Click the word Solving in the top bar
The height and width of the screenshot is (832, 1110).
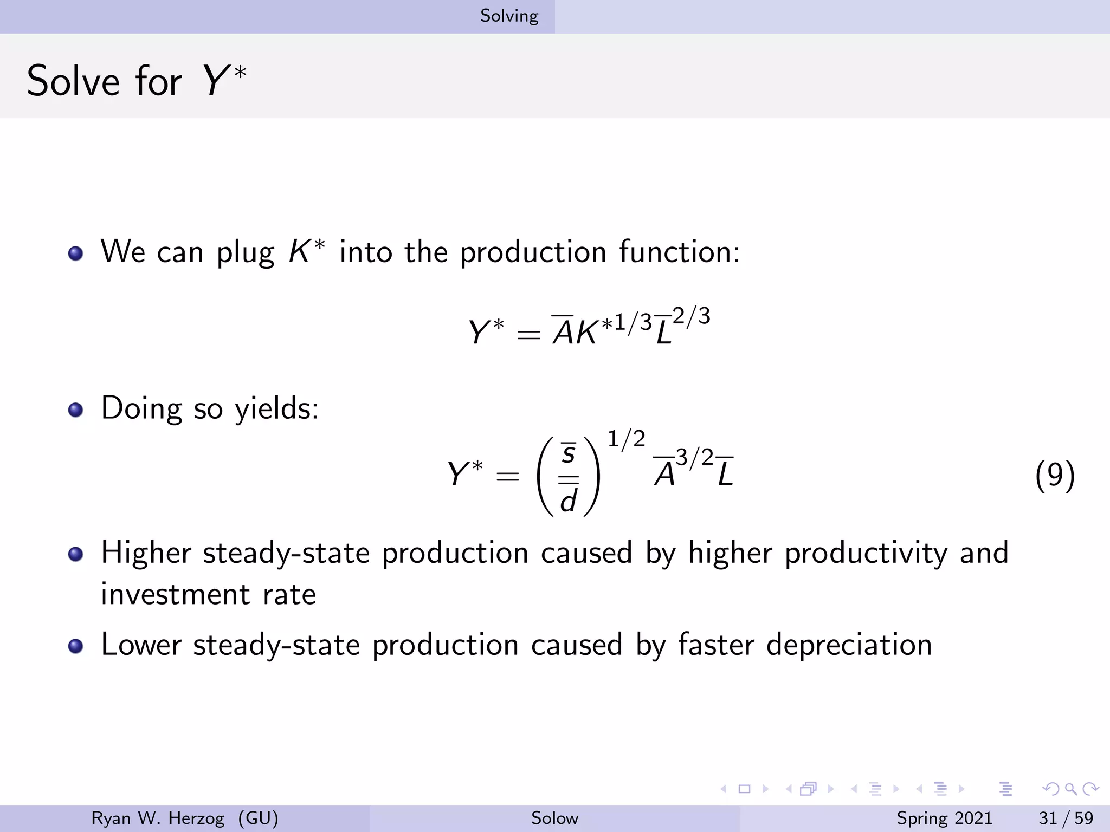pos(509,16)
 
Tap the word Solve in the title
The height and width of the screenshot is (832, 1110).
pos(73,81)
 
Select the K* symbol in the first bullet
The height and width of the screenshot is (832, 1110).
pos(307,252)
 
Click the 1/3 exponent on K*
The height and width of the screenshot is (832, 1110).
pos(633,323)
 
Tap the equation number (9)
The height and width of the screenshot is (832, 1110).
pos(1054,476)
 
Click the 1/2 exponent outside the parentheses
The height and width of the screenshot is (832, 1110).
pos(626,439)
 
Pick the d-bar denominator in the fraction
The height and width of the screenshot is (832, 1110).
pos(568,498)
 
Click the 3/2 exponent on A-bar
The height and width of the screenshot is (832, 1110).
pos(694,458)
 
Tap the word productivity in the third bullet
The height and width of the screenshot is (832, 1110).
pos(866,553)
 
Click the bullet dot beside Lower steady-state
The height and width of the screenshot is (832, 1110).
pos(76,646)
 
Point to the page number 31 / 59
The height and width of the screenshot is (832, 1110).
pos(1066,818)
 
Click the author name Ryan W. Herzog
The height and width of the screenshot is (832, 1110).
pos(158,818)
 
